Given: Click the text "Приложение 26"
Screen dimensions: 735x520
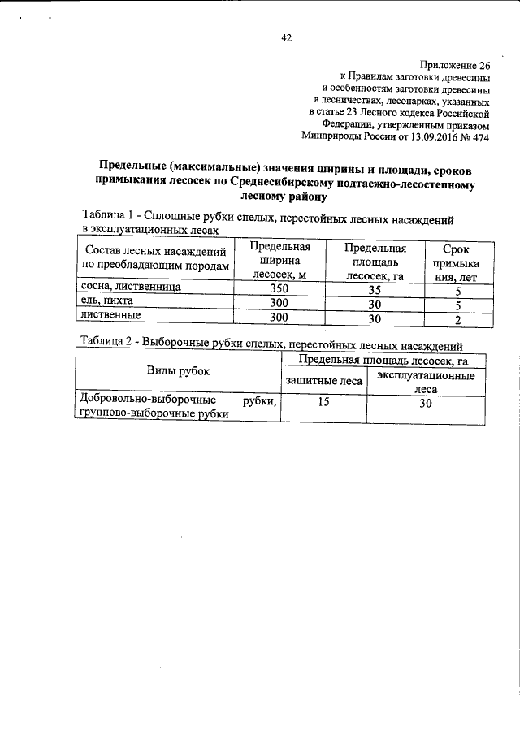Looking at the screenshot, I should (455, 64).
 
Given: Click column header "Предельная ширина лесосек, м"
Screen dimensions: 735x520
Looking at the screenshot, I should (279, 261).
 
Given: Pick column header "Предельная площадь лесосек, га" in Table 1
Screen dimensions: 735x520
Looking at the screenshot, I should (375, 261).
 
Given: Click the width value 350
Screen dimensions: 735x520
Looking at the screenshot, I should (279, 289).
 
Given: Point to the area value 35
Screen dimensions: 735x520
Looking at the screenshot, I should (375, 290).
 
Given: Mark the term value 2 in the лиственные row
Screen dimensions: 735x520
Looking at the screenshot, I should (458, 319).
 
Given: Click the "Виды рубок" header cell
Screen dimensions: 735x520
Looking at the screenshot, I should (178, 371).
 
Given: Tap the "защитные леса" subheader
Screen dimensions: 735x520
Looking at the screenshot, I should (323, 380).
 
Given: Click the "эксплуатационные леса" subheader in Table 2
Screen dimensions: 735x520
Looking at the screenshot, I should (427, 383).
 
